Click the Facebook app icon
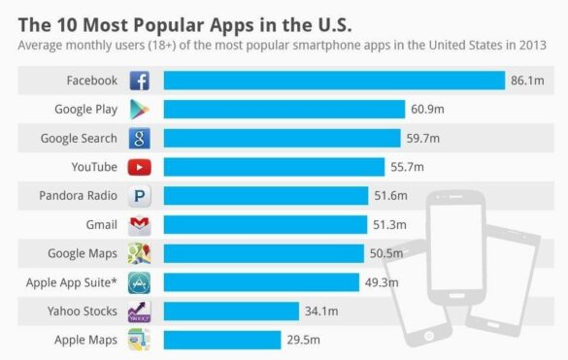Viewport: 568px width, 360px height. pos(140,81)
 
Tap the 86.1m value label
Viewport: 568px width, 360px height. pos(528,81)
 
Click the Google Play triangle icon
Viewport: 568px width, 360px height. pos(140,110)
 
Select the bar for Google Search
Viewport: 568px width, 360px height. pos(282,139)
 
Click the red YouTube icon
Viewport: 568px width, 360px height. pos(140,167)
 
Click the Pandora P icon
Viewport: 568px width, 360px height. pos(140,196)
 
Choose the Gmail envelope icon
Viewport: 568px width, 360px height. pos(140,225)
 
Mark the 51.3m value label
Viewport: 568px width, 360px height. pos(390,225)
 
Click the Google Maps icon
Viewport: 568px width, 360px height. pos(140,254)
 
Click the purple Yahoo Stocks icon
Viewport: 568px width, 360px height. pos(140,311)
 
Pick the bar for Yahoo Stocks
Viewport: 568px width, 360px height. pos(230,311)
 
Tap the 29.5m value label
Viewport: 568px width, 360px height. pos(303,340)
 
